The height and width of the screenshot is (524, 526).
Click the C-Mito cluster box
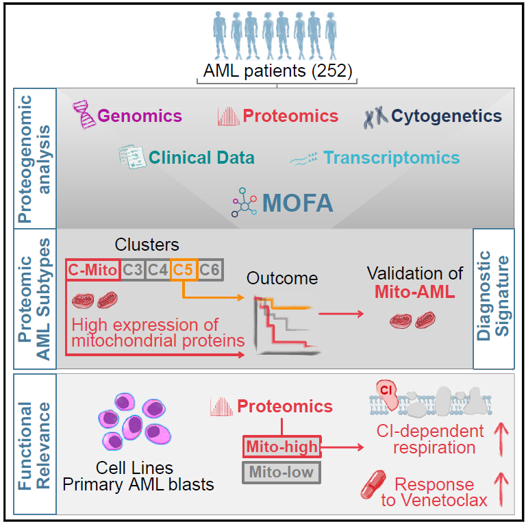coord(92,270)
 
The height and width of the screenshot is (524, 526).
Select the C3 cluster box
coord(133,270)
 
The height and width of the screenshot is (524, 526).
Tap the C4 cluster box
coord(158,270)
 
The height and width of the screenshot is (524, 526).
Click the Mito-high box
coord(282,448)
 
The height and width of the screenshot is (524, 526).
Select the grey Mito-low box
coord(282,473)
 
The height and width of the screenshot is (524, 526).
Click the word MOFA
coord(298,203)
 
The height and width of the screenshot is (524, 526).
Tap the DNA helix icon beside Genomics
coord(86,116)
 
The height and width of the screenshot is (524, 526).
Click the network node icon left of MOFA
coord(242,203)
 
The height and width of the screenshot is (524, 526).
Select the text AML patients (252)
coord(277,71)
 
